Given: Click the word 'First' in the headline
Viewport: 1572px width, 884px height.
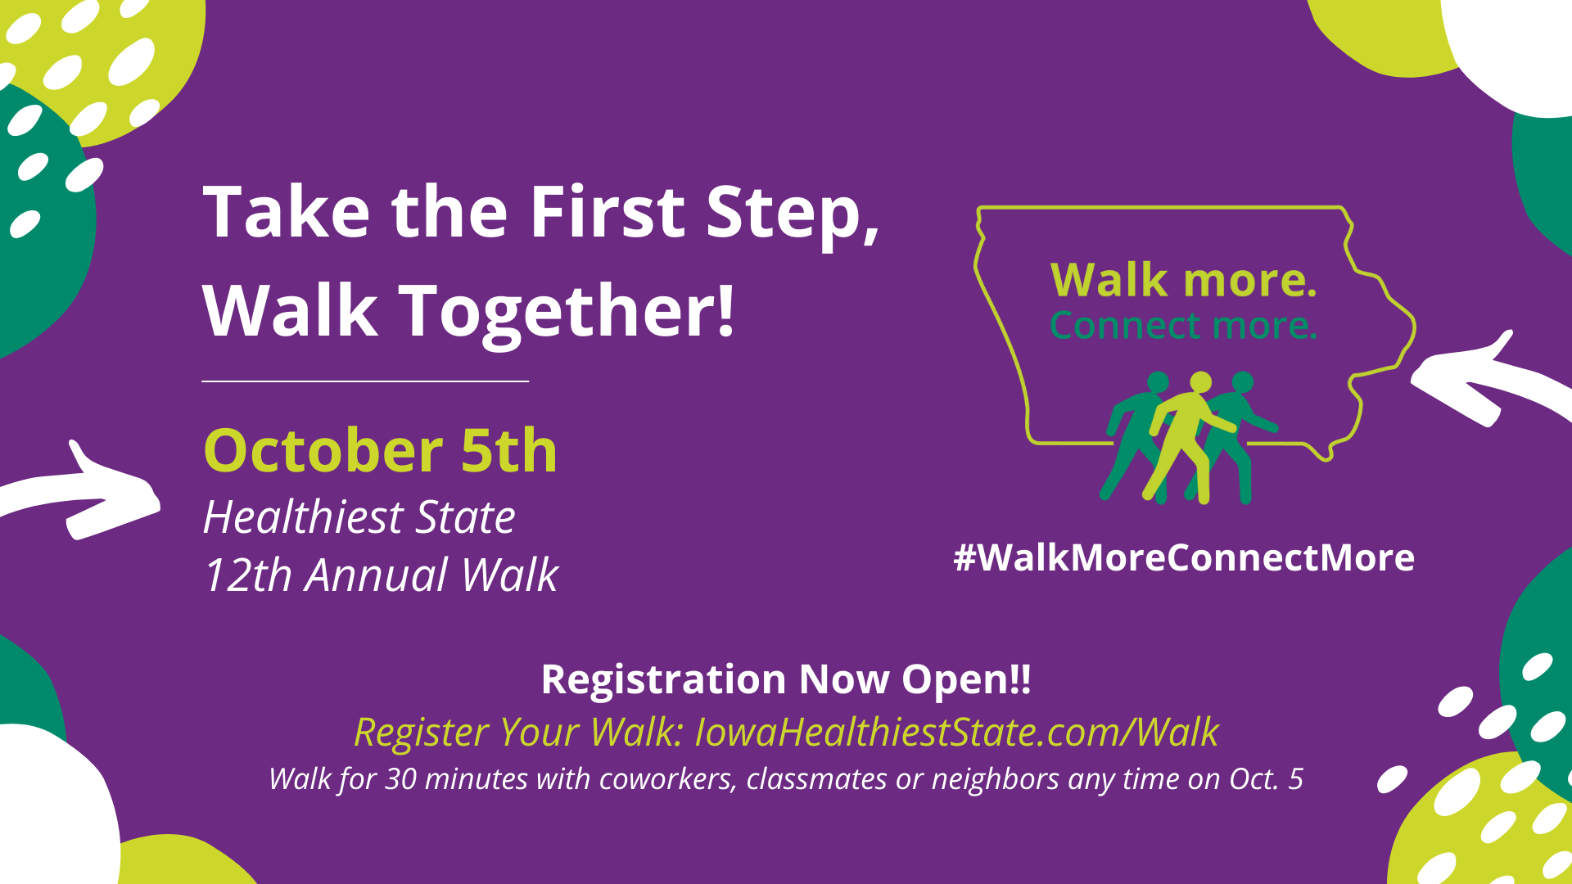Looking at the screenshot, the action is (608, 211).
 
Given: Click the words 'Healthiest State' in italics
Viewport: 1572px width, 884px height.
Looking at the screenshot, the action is (359, 516).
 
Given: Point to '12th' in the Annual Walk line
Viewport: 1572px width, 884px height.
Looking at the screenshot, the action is (247, 575).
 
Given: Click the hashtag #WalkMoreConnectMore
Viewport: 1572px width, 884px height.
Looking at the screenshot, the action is (1184, 557).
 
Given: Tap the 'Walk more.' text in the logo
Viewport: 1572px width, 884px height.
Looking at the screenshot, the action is (1184, 280).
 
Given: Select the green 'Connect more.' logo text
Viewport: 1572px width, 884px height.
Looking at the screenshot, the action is (1184, 325).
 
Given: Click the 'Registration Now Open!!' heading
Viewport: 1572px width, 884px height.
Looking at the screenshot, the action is (786, 679).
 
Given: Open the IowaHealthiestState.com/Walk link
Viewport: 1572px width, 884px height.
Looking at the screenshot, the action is (956, 732).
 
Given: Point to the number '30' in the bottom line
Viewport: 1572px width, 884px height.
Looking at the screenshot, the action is (401, 779).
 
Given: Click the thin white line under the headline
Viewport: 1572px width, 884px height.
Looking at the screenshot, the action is (365, 381).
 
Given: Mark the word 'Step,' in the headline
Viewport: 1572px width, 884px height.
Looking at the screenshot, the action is (793, 214).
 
